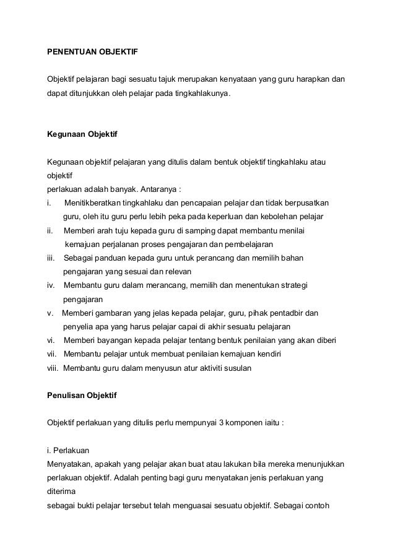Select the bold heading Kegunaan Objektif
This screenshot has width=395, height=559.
coord(82,134)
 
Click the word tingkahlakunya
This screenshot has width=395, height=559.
coord(199,94)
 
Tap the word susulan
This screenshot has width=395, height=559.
coord(237,367)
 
